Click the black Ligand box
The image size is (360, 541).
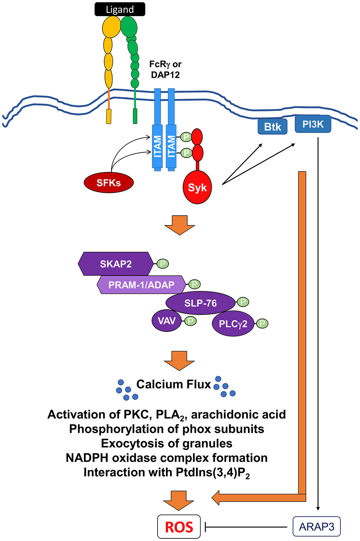tap(120, 9)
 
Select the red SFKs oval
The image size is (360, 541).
tap(108, 183)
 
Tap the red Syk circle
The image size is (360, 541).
tap(197, 187)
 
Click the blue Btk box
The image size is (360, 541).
tap(272, 127)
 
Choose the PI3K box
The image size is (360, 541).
tap(313, 124)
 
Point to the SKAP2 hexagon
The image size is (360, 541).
tap(115, 264)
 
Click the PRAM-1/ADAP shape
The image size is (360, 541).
tap(141, 285)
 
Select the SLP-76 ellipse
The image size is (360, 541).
tap(201, 303)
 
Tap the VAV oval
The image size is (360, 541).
tap(167, 321)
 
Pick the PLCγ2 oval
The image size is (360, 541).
tap(233, 324)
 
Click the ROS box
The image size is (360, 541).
tap(179, 527)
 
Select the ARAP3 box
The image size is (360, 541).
tap(316, 527)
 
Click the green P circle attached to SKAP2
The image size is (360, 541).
tap(163, 264)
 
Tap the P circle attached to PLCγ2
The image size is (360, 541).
tap(262, 324)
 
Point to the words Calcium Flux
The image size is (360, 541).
tap(173, 384)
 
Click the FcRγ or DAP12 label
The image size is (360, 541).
tap(165, 70)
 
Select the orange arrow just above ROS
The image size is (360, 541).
tap(179, 500)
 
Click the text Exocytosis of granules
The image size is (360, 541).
tap(167, 443)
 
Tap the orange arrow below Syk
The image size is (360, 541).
tap(180, 225)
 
